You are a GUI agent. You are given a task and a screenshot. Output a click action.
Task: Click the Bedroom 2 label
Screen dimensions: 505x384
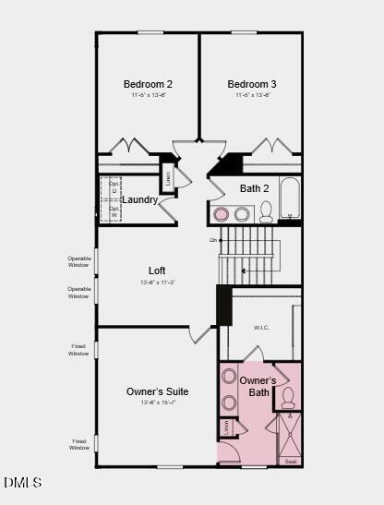[x=148, y=84]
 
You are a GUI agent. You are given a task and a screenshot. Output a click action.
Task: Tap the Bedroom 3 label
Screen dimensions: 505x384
[x=252, y=84]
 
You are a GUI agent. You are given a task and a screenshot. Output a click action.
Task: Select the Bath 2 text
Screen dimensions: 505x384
[x=254, y=188]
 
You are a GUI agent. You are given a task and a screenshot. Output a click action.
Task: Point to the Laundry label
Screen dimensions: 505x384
[x=140, y=199]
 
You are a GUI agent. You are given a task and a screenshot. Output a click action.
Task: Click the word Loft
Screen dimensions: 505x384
[x=157, y=271]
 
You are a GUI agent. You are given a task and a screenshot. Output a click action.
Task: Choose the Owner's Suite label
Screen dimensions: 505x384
[x=157, y=391]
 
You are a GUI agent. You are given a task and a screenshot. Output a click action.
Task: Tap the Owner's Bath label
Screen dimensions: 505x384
[x=258, y=387]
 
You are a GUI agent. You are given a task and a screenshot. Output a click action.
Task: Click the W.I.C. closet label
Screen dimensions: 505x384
[x=261, y=327]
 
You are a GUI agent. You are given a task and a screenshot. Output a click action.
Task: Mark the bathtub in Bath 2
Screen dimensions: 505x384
[x=290, y=198]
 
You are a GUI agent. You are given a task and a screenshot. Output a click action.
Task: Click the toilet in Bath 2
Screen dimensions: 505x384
[x=266, y=212]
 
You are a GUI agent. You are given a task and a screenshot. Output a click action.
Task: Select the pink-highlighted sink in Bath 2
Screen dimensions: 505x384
[x=222, y=214]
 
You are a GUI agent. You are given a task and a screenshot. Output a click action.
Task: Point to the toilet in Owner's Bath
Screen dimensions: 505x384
[x=287, y=398]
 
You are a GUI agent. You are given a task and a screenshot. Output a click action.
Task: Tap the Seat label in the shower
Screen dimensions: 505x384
[x=290, y=461]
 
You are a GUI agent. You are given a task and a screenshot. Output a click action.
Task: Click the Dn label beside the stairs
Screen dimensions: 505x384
[x=213, y=240]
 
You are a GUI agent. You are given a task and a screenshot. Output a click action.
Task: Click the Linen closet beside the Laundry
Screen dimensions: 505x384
[x=168, y=178]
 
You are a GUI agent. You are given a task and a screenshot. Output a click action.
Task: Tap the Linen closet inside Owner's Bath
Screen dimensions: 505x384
[x=228, y=428]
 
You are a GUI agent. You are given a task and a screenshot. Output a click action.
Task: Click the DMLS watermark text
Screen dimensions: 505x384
[x=22, y=482]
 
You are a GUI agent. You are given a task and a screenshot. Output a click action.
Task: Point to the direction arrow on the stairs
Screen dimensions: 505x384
[x=245, y=271]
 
